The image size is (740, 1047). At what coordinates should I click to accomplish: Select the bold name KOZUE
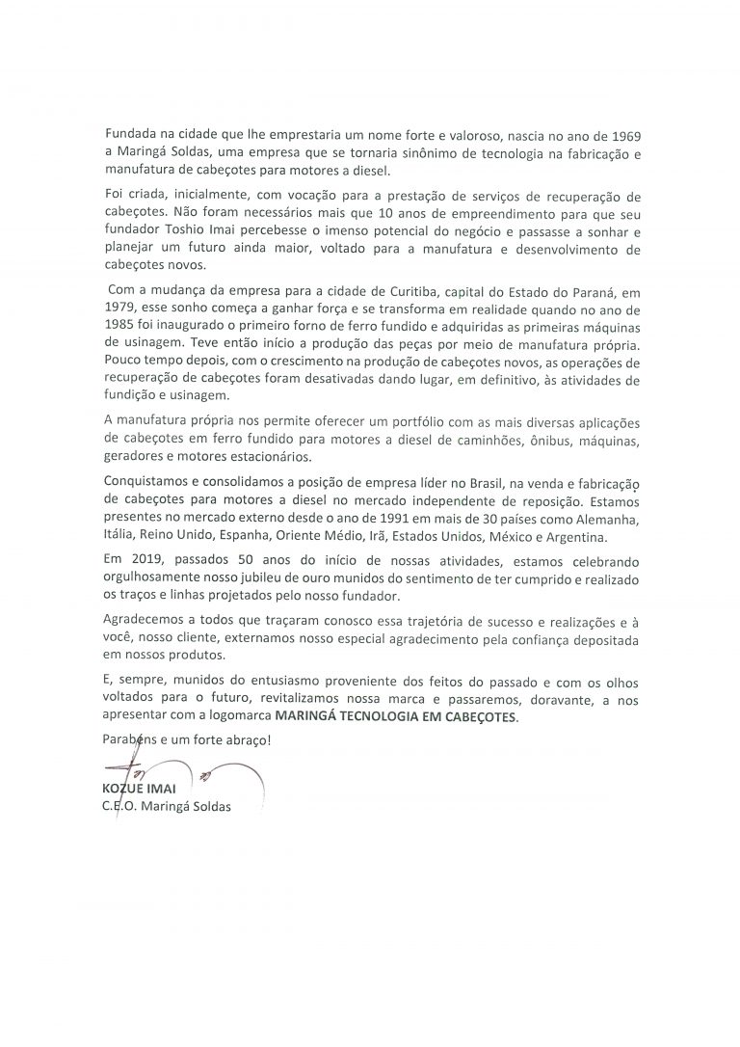125,790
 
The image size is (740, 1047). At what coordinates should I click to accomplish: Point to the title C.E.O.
122,807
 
